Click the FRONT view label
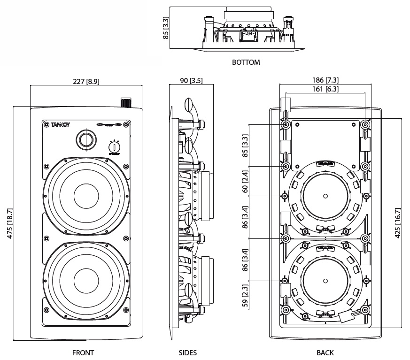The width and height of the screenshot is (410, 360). (x=83, y=352)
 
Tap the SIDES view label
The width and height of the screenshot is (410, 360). (x=187, y=352)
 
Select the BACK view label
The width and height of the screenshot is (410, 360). (x=325, y=352)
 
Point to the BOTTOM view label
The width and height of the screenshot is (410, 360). (x=246, y=62)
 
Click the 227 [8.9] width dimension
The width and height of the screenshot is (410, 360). (x=86, y=81)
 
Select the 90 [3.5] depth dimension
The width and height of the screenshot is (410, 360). (x=191, y=81)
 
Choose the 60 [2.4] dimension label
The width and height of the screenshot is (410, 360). (x=245, y=182)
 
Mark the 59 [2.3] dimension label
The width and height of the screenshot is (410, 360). (x=245, y=296)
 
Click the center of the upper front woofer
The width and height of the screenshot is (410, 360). (x=86, y=195)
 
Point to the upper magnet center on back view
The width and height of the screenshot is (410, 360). (x=325, y=195)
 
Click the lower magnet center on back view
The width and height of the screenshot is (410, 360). (x=325, y=280)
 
